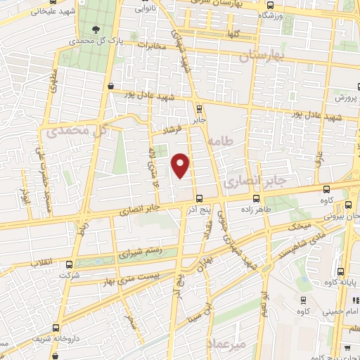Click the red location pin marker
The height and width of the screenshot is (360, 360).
[181, 165]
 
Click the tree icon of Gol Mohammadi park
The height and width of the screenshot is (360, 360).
[95, 30]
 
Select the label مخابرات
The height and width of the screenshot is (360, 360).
[150, 46]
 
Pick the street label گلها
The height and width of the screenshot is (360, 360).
[232, 34]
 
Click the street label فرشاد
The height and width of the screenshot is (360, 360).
[172, 131]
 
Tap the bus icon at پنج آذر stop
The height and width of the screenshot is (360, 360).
[200, 198]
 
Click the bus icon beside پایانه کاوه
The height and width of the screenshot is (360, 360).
[341, 272]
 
